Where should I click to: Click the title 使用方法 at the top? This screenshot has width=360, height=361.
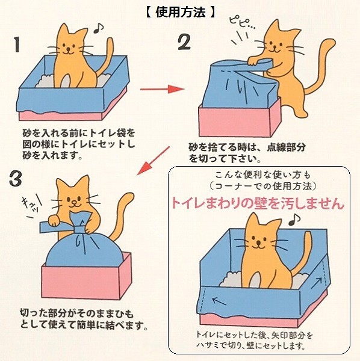coord(181,12)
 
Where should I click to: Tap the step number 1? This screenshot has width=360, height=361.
coord(17,45)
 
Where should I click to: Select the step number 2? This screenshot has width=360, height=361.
coord(184,42)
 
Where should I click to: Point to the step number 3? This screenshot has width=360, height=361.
coord(16,179)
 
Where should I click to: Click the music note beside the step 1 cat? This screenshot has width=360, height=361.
coord(98,28)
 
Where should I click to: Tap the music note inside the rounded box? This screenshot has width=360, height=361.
coord(294,220)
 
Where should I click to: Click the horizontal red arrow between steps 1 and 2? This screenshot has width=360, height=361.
coord(163,89)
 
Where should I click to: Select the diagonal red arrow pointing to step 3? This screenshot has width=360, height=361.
coord(154,161)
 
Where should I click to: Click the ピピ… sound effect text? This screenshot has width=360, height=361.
coord(242,22)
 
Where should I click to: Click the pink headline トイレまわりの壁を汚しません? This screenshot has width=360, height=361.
coord(258,203)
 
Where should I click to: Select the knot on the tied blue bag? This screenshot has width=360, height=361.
coord(79,230)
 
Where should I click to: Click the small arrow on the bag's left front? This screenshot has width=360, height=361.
coord(219,300)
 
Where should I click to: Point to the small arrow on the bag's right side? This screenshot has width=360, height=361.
coord(317,283)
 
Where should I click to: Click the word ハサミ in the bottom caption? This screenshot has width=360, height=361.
coord(208,345)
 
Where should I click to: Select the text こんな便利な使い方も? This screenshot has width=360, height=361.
coord(262,175)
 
